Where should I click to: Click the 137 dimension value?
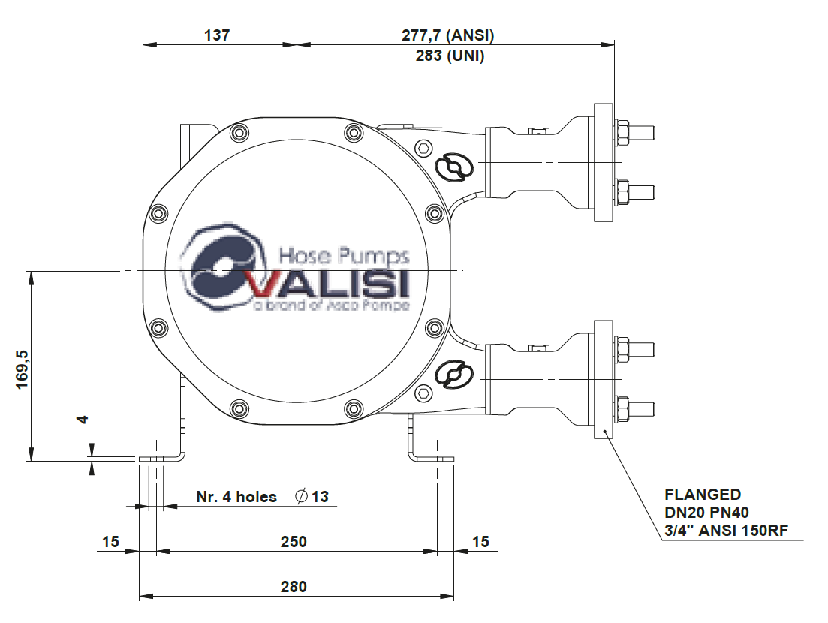217,35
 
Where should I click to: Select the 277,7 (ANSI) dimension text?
448,35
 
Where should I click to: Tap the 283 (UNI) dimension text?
450,56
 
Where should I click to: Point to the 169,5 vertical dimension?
23,369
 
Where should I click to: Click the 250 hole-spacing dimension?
294,542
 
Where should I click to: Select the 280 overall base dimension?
294,586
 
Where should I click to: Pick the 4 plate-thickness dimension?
83,419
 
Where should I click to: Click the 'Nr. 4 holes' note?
236,497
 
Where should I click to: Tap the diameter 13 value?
312,497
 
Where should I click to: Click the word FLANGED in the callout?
703,494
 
